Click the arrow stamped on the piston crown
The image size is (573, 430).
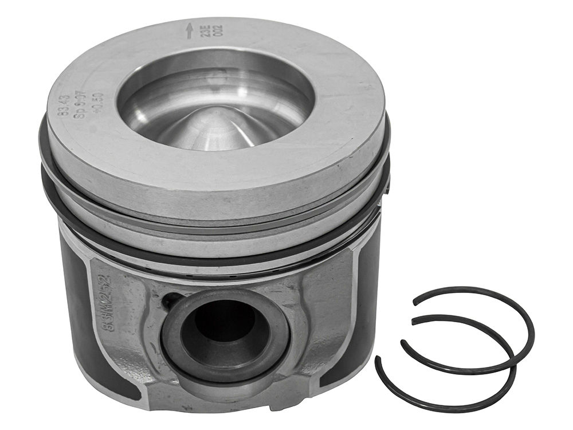coord(190,30)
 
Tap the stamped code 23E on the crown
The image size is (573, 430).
coord(203,29)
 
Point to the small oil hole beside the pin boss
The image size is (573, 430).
coord(170,300)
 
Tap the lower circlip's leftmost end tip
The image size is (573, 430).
coord(379,359)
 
